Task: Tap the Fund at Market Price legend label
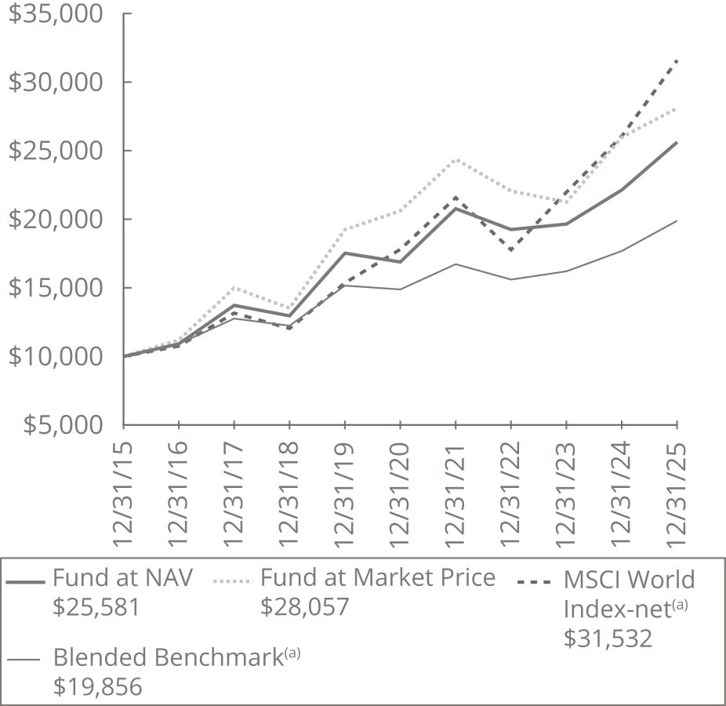378,578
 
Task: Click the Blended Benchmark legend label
176,657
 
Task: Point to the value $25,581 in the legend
96,606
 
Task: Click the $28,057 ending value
304,606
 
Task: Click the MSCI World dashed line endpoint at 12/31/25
677,60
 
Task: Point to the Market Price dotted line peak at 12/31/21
456,159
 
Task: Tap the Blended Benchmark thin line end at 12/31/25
677,221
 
